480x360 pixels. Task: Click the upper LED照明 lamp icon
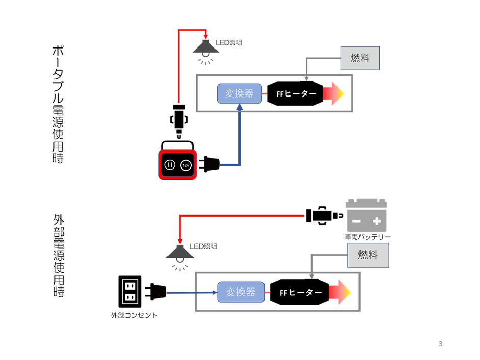coord(206,49)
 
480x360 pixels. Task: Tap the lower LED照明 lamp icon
coord(179,253)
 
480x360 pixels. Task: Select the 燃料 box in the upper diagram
coord(360,58)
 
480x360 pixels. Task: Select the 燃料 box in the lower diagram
coord(368,255)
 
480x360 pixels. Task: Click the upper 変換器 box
coord(239,93)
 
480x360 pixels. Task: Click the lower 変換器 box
coord(239,292)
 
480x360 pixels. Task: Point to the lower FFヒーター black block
coord(299,293)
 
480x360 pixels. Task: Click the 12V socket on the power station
coord(186,165)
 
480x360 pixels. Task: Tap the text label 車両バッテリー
coord(367,237)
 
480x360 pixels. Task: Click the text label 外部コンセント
coord(134,315)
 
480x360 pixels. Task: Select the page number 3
coord(440,344)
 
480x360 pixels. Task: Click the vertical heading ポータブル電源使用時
coord(58,104)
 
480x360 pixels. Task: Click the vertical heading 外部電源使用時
coord(58,255)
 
